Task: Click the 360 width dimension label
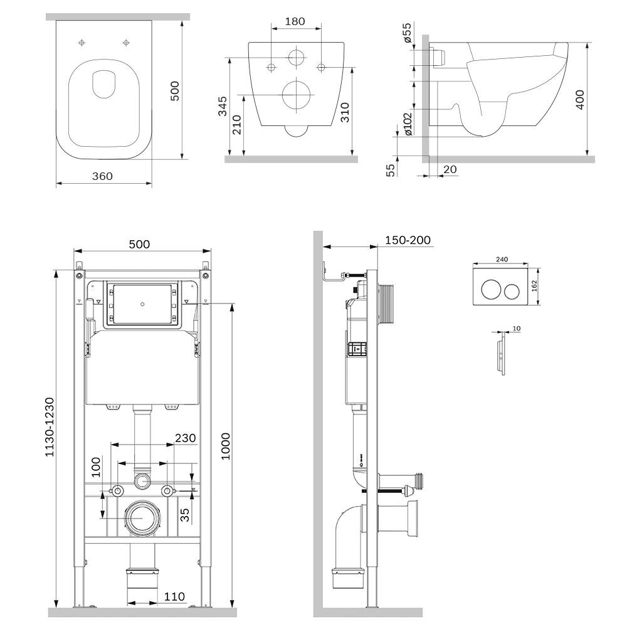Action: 102,176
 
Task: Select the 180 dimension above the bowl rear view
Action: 295,21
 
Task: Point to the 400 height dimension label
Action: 580,100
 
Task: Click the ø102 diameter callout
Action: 408,124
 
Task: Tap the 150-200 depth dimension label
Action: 408,240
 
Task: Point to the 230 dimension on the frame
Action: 186,438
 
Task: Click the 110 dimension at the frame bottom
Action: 174,596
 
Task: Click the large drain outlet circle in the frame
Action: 143,518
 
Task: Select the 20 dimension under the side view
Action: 450,169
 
